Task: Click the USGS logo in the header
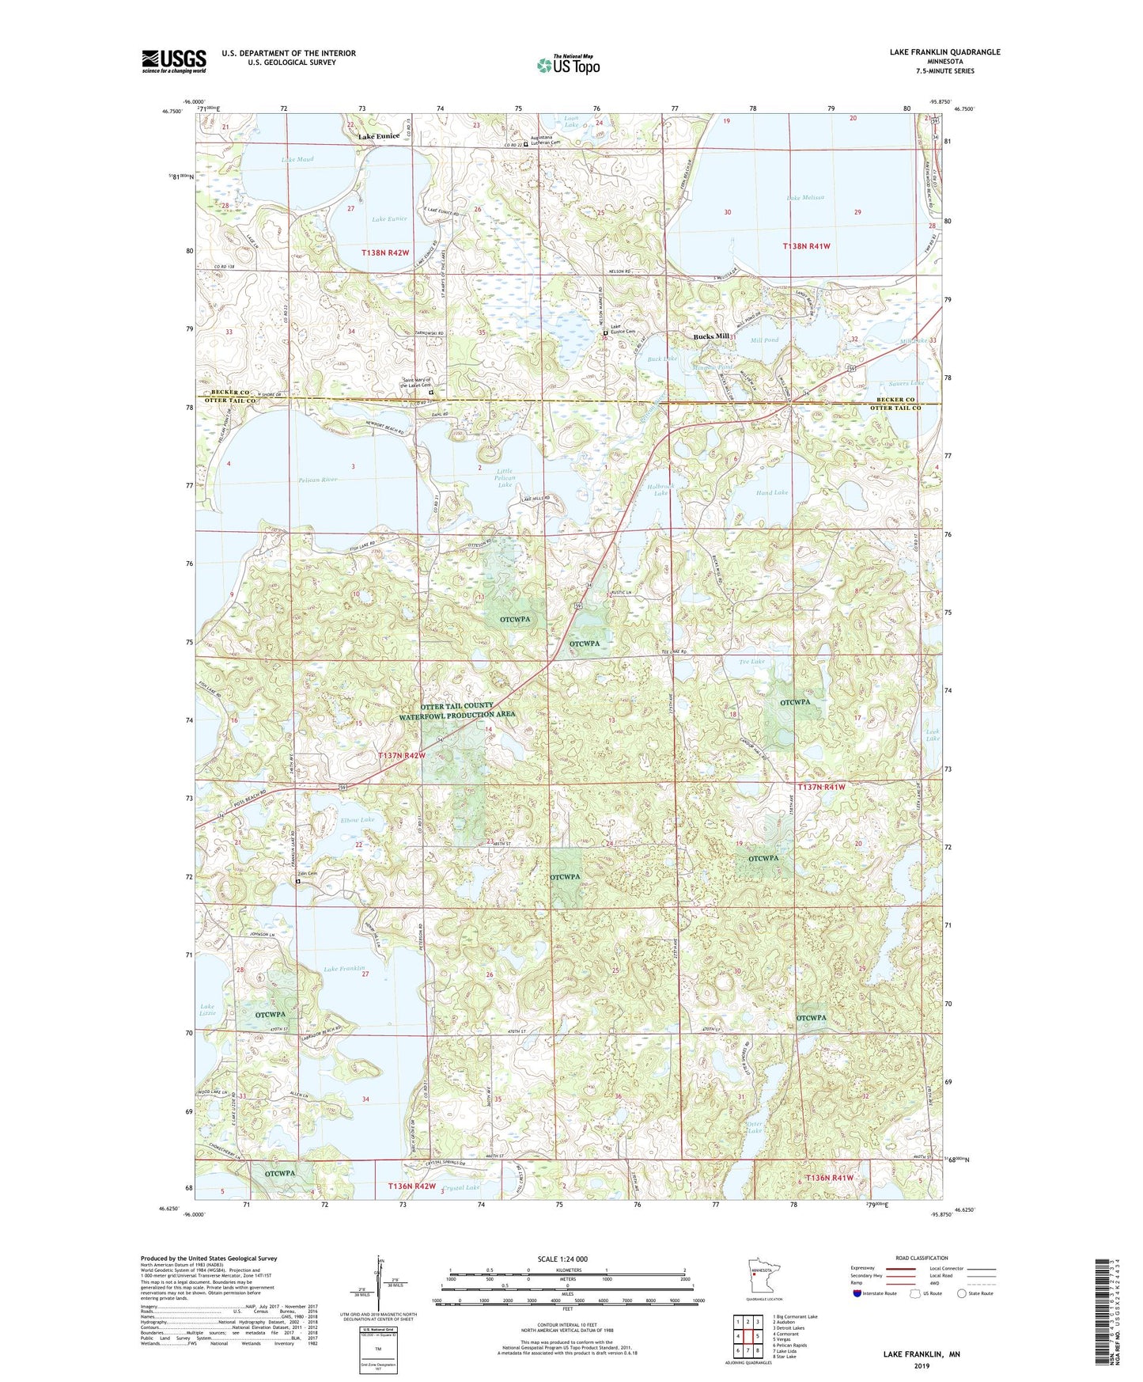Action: click(174, 61)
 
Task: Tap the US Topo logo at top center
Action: click(568, 65)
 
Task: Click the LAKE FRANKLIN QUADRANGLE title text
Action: click(944, 52)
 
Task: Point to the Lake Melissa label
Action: click(805, 197)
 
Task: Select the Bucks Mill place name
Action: click(711, 336)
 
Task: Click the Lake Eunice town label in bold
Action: click(379, 136)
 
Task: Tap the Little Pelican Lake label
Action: click(505, 478)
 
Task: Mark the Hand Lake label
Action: click(771, 492)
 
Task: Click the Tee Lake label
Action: click(751, 662)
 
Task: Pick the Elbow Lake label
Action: click(358, 820)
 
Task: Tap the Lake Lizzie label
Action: click(207, 1010)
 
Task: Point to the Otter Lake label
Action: click(755, 1127)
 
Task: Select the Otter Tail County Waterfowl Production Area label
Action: click(457, 710)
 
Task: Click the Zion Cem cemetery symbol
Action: click(298, 881)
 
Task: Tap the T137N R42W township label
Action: click(402, 756)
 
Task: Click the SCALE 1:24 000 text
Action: click(562, 1259)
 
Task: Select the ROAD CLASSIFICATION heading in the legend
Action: click(922, 1258)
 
